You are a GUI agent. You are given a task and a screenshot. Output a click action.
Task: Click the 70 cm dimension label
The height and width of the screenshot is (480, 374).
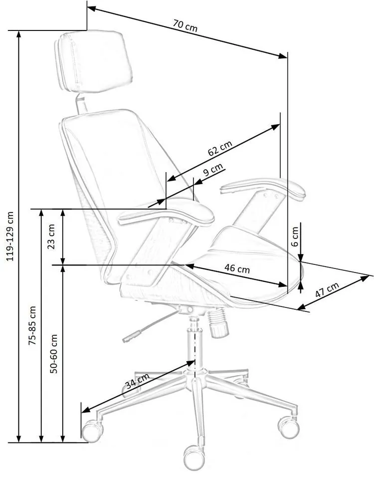186,26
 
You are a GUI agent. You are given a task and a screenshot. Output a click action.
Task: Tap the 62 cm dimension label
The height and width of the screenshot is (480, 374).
220,148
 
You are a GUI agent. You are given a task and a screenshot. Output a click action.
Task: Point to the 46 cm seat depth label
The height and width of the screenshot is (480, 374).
237,268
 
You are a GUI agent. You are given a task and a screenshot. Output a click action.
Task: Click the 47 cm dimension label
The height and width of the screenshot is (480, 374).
327,289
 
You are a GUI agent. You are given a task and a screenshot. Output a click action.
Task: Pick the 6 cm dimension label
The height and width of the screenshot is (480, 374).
295,237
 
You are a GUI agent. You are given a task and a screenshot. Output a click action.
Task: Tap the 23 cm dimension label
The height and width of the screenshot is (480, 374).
51,237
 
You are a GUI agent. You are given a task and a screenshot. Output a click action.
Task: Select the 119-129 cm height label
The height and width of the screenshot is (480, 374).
10,236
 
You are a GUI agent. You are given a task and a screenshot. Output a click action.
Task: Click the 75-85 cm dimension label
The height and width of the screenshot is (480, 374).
32,325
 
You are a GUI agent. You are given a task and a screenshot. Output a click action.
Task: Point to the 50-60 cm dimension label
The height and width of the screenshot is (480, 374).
53,354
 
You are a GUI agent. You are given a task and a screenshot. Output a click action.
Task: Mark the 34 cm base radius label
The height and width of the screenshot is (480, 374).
138,381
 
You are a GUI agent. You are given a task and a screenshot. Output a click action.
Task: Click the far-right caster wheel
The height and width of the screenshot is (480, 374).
288,427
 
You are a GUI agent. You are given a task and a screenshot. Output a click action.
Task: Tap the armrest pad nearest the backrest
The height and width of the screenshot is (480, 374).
167,213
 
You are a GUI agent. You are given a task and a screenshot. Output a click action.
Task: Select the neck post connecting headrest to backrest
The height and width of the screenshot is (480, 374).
81,104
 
